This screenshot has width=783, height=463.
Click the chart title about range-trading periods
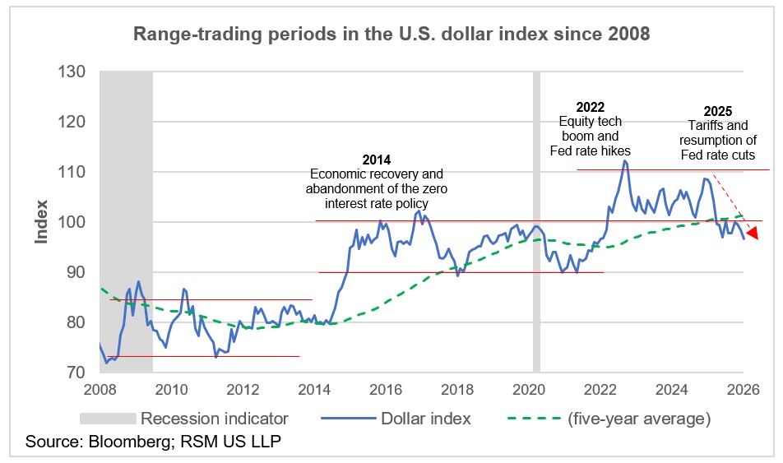(391, 35)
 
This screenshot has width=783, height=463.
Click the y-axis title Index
(41, 222)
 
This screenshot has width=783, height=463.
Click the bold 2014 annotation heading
(377, 160)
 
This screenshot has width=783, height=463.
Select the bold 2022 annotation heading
(590, 107)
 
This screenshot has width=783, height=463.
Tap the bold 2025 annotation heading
(718, 111)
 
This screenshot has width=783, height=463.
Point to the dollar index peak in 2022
(624, 161)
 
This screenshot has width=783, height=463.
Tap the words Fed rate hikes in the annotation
(589, 151)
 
